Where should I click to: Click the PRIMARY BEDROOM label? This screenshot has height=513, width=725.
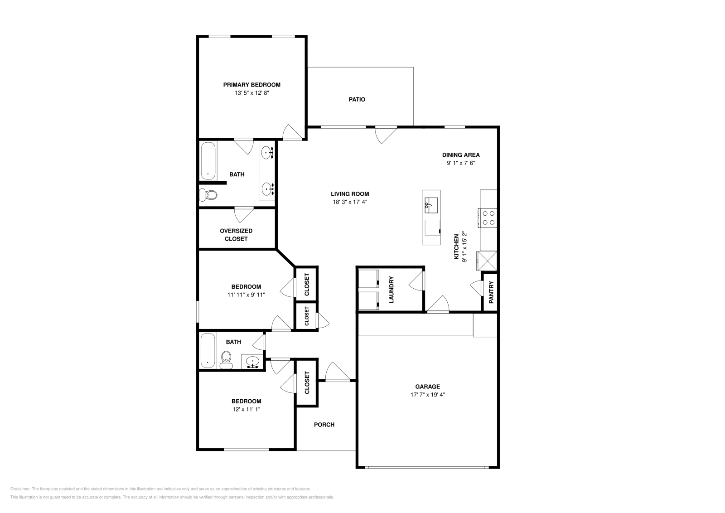[x=251, y=85]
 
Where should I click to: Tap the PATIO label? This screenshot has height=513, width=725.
[x=357, y=99]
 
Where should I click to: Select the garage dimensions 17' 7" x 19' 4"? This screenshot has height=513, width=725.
[x=427, y=395]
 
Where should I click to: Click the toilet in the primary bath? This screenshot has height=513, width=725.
[x=209, y=195]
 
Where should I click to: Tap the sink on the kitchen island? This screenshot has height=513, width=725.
[x=431, y=205]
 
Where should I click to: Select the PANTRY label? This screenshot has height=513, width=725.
[x=491, y=292]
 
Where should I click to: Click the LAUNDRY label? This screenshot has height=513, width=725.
[x=391, y=290]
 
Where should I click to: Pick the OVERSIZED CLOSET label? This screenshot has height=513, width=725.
[x=236, y=235]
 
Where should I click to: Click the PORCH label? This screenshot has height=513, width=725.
[x=324, y=425]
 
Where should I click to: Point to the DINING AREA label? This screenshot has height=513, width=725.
[x=461, y=155]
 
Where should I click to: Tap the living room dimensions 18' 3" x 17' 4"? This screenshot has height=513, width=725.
[x=349, y=202]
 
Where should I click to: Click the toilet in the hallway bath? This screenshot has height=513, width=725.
[x=226, y=361]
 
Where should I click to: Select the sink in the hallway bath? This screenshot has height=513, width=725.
[x=252, y=362]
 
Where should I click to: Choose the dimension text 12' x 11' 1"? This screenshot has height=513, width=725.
[x=246, y=409]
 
